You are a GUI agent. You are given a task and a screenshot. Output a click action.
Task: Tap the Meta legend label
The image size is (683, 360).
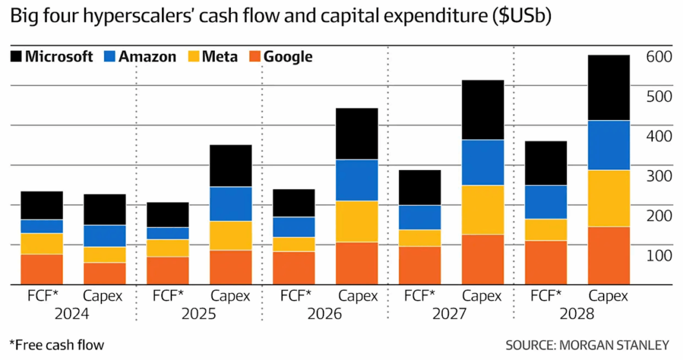221,57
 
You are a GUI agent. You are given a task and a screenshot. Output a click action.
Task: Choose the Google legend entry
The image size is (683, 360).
287,57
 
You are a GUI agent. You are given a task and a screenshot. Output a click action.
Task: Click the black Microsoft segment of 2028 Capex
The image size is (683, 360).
608,87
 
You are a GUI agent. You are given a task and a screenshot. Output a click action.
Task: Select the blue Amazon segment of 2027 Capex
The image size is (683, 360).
482,162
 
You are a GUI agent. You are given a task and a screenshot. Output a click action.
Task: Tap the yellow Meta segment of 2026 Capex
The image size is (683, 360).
356,221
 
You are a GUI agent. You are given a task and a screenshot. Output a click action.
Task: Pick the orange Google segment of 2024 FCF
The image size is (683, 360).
41,269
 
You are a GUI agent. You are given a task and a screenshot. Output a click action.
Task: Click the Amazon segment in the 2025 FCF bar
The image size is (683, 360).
167,233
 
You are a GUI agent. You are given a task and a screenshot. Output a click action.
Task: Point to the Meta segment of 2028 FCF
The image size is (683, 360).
546,229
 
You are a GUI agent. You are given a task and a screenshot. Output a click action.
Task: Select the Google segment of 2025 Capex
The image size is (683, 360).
230,267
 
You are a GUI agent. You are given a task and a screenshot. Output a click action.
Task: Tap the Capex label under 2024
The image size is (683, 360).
103,296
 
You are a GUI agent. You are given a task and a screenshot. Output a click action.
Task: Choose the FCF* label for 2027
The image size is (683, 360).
420,296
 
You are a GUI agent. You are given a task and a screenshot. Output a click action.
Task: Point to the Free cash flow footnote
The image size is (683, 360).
57,345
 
